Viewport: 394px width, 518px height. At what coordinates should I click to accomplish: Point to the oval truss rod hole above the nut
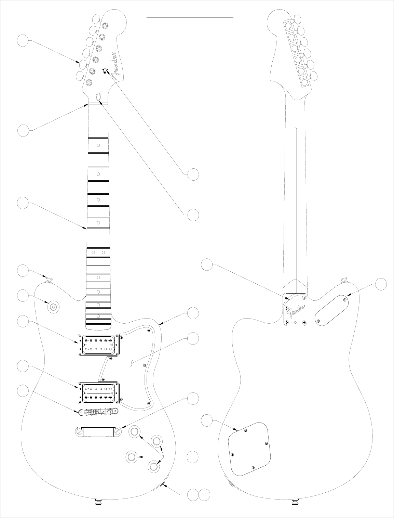pyautogui.click(x=99, y=96)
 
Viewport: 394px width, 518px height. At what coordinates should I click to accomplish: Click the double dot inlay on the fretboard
pyautogui.click(x=98, y=252)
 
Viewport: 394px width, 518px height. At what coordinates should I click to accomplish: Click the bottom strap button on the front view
pyautogui.click(x=98, y=502)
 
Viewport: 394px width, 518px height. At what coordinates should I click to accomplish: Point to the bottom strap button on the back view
pyautogui.click(x=295, y=502)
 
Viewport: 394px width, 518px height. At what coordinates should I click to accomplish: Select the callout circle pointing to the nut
pyautogui.click(x=23, y=130)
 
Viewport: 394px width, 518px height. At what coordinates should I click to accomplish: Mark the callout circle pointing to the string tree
pyautogui.click(x=193, y=174)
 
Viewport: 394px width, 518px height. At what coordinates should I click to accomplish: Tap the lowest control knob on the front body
pyautogui.click(x=154, y=466)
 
